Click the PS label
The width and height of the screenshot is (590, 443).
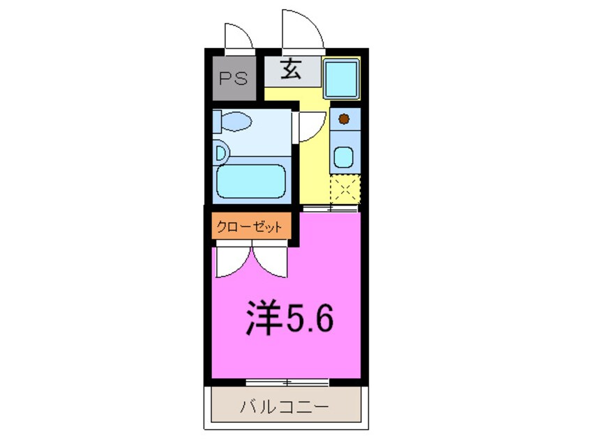coord(234,78)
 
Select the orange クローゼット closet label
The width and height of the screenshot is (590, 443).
coord(250,227)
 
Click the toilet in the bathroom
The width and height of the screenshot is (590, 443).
coord(233,122)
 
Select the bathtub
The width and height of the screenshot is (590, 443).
coord(251,182)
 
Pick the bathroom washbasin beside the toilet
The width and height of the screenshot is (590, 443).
coord(220,152)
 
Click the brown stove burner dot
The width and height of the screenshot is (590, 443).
coord(343,119)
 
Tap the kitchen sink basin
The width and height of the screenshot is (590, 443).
coord(343,157)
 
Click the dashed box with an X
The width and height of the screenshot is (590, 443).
coord(345,188)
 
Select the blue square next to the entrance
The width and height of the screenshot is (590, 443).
coord(342,78)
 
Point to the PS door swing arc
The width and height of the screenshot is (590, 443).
coord(239,35)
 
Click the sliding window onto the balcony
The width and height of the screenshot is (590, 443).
coord(287,382)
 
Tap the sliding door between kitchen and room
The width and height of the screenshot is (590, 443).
coord(331,208)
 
